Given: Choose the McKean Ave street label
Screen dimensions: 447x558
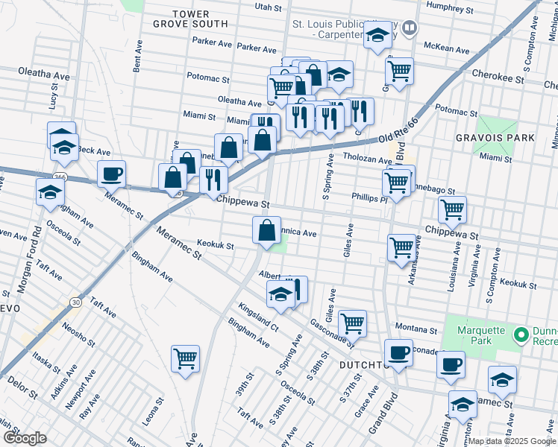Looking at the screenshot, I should [446, 49].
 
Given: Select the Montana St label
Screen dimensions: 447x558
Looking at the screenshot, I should [416, 329].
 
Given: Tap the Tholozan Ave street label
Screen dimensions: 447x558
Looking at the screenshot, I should [367, 159].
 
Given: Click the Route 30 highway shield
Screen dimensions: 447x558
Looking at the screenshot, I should [75, 302].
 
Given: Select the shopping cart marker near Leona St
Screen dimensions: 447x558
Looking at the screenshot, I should [185, 359].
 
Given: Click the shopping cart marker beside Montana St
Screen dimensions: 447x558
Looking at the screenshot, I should [352, 323].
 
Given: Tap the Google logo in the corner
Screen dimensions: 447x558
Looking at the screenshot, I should [25, 438].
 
